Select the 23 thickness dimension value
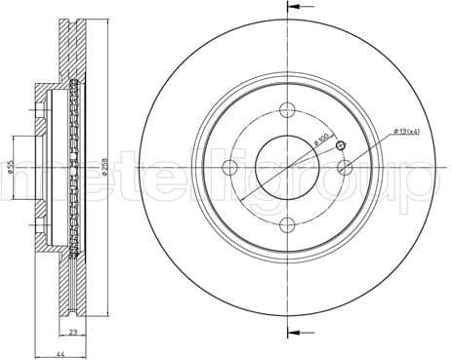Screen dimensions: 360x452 point(73,334)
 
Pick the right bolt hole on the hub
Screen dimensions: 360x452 point(344,168)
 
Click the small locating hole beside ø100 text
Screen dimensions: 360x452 point(340,146)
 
